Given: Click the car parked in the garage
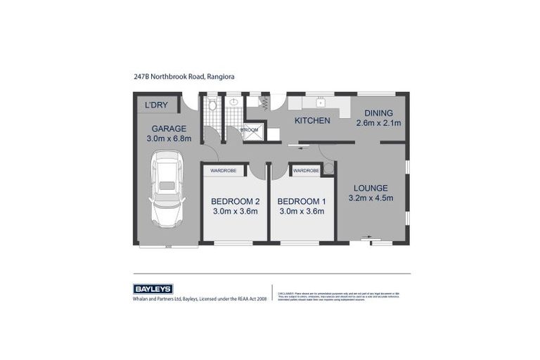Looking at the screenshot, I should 167,192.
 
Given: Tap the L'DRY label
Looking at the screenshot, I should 156,105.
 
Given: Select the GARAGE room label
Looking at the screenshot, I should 169,129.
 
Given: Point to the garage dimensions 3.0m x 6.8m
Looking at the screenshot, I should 169,139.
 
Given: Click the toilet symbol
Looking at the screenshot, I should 212,105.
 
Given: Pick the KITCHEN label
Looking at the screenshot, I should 311,120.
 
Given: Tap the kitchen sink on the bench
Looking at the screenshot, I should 319,102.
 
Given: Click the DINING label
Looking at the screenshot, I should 378,112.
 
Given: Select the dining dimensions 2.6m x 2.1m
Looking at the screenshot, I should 378,123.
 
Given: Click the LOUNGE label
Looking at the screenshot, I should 371,188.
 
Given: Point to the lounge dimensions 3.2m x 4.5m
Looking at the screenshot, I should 371,198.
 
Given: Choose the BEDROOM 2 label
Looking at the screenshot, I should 235,201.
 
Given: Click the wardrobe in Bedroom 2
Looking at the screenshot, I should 224,170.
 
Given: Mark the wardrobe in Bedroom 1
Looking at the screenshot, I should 306,170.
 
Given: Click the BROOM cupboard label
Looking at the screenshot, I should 250,130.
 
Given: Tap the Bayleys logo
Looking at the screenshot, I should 153,289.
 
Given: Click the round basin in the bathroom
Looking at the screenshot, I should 233,102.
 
